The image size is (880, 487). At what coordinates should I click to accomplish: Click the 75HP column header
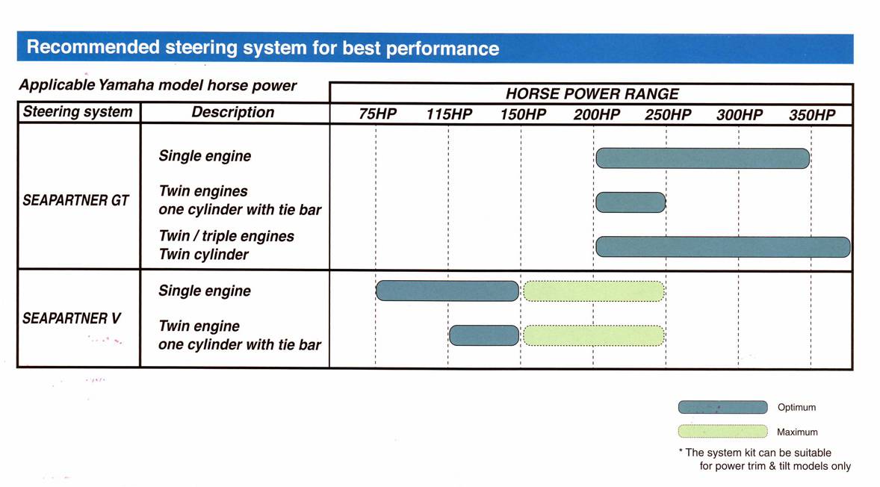tap(377, 114)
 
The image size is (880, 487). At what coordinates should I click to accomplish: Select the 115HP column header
tap(448, 114)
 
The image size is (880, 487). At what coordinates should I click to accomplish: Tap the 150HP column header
tap(523, 114)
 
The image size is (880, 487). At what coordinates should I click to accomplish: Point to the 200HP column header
tap(596, 114)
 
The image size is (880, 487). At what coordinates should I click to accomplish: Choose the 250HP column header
tap(668, 114)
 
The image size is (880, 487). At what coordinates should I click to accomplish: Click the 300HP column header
tap(739, 114)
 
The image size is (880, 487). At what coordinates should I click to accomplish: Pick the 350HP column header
tap(812, 114)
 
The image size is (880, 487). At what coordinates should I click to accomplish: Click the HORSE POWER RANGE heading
tap(592, 93)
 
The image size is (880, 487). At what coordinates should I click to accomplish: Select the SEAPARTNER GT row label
tap(75, 200)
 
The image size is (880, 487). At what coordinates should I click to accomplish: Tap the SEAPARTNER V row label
tap(71, 319)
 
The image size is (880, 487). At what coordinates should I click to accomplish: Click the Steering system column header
tap(78, 111)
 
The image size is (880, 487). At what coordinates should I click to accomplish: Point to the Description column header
tap(233, 112)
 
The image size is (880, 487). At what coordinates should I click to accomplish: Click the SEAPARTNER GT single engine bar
tap(703, 158)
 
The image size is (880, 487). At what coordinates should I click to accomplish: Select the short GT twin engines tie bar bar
tap(630, 202)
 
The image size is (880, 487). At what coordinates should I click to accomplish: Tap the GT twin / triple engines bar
tap(723, 247)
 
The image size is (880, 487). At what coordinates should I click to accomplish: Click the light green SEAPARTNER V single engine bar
tap(594, 291)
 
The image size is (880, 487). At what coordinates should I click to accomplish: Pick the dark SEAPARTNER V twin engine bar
tap(484, 335)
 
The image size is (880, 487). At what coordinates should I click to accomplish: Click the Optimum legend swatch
tap(723, 407)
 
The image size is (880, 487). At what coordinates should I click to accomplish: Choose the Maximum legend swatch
tap(723, 432)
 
